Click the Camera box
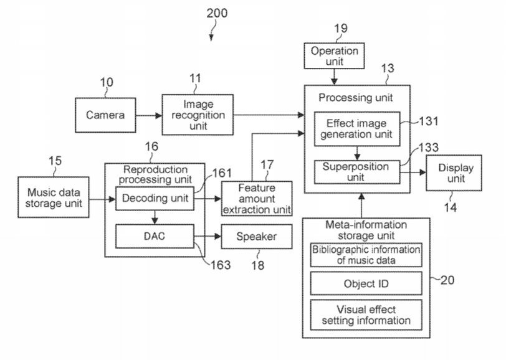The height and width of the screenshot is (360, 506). [x=105, y=115]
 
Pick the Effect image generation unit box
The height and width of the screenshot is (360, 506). [x=356, y=129]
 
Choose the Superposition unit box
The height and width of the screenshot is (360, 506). [x=355, y=172]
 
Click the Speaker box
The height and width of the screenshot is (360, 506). [x=256, y=237]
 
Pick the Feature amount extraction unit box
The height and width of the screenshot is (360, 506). [x=257, y=197]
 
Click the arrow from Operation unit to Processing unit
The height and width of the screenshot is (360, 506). [x=335, y=76]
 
